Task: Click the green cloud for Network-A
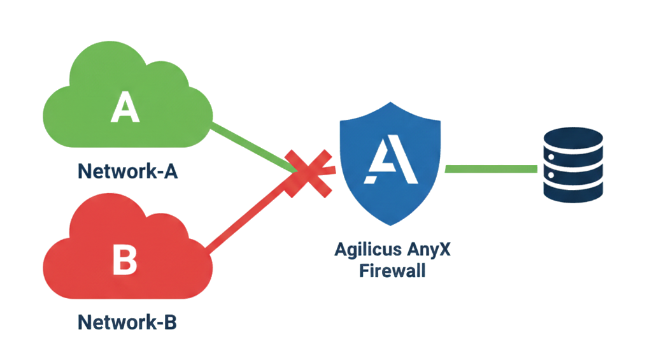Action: (x=127, y=105)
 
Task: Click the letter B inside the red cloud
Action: (x=125, y=259)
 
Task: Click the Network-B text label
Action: (x=127, y=322)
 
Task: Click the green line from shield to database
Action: (x=490, y=169)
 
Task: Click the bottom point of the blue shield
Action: (x=390, y=224)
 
